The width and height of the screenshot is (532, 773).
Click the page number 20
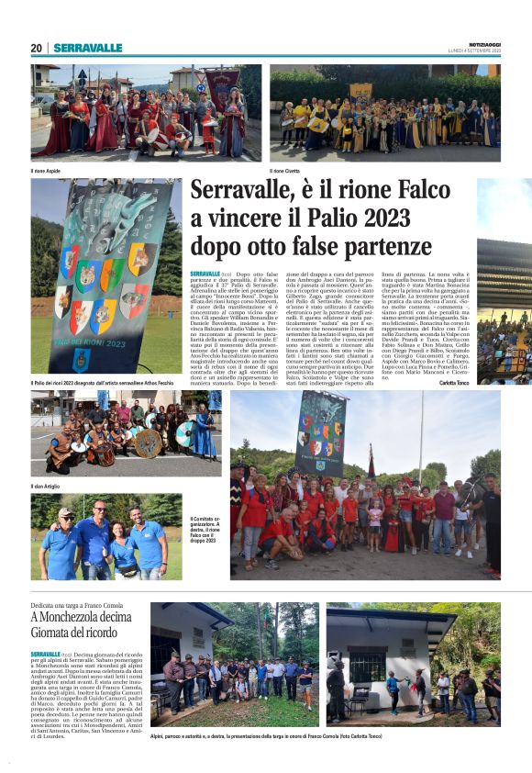click(37, 48)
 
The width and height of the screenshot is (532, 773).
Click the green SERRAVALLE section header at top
click(88, 48)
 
